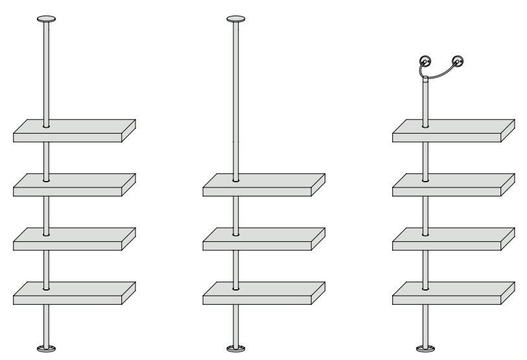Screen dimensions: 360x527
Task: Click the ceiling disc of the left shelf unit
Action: (x=47, y=19)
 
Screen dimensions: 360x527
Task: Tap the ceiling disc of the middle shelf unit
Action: (x=237, y=19)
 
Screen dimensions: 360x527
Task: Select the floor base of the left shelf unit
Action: (x=47, y=349)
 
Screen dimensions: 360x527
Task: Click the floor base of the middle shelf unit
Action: (x=237, y=349)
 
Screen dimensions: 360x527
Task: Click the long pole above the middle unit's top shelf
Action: (x=237, y=97)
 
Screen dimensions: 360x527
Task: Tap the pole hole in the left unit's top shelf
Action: (x=47, y=126)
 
